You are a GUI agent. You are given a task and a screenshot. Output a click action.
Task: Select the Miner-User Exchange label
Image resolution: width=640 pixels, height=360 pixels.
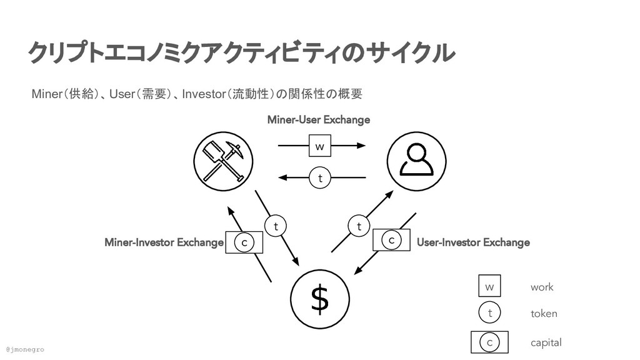click(x=318, y=119)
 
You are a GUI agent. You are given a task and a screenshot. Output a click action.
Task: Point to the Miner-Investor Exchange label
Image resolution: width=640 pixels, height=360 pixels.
click(x=164, y=242)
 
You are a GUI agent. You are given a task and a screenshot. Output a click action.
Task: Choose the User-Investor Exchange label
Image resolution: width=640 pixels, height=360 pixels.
click(x=473, y=242)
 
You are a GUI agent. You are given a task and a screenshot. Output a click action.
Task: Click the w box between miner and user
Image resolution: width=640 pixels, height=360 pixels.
click(x=319, y=146)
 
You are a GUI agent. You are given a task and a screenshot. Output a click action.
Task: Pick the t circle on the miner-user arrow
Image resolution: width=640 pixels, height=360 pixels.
click(x=320, y=179)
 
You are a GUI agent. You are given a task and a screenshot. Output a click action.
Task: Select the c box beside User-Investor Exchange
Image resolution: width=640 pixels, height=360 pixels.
click(x=391, y=240)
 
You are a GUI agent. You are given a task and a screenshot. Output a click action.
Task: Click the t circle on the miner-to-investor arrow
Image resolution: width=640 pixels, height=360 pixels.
click(x=275, y=226)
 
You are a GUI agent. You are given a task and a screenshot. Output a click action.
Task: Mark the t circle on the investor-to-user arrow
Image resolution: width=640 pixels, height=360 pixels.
click(x=359, y=226)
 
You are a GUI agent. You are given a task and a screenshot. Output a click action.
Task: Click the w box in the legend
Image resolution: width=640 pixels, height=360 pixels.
click(x=489, y=287)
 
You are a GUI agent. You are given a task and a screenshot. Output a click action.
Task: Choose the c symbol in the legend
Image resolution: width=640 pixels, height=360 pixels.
click(x=489, y=342)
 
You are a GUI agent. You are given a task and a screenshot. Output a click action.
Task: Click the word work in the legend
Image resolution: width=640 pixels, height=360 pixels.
click(x=542, y=287)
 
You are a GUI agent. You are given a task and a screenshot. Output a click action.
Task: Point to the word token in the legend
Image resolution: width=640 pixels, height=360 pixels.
click(x=544, y=314)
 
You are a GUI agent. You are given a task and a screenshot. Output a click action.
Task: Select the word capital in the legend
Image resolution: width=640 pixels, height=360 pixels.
click(x=546, y=342)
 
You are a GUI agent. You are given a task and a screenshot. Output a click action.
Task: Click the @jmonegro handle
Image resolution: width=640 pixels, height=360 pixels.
click(x=25, y=349)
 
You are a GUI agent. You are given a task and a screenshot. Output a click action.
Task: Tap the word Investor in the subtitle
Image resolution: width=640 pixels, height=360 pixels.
click(x=206, y=94)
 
